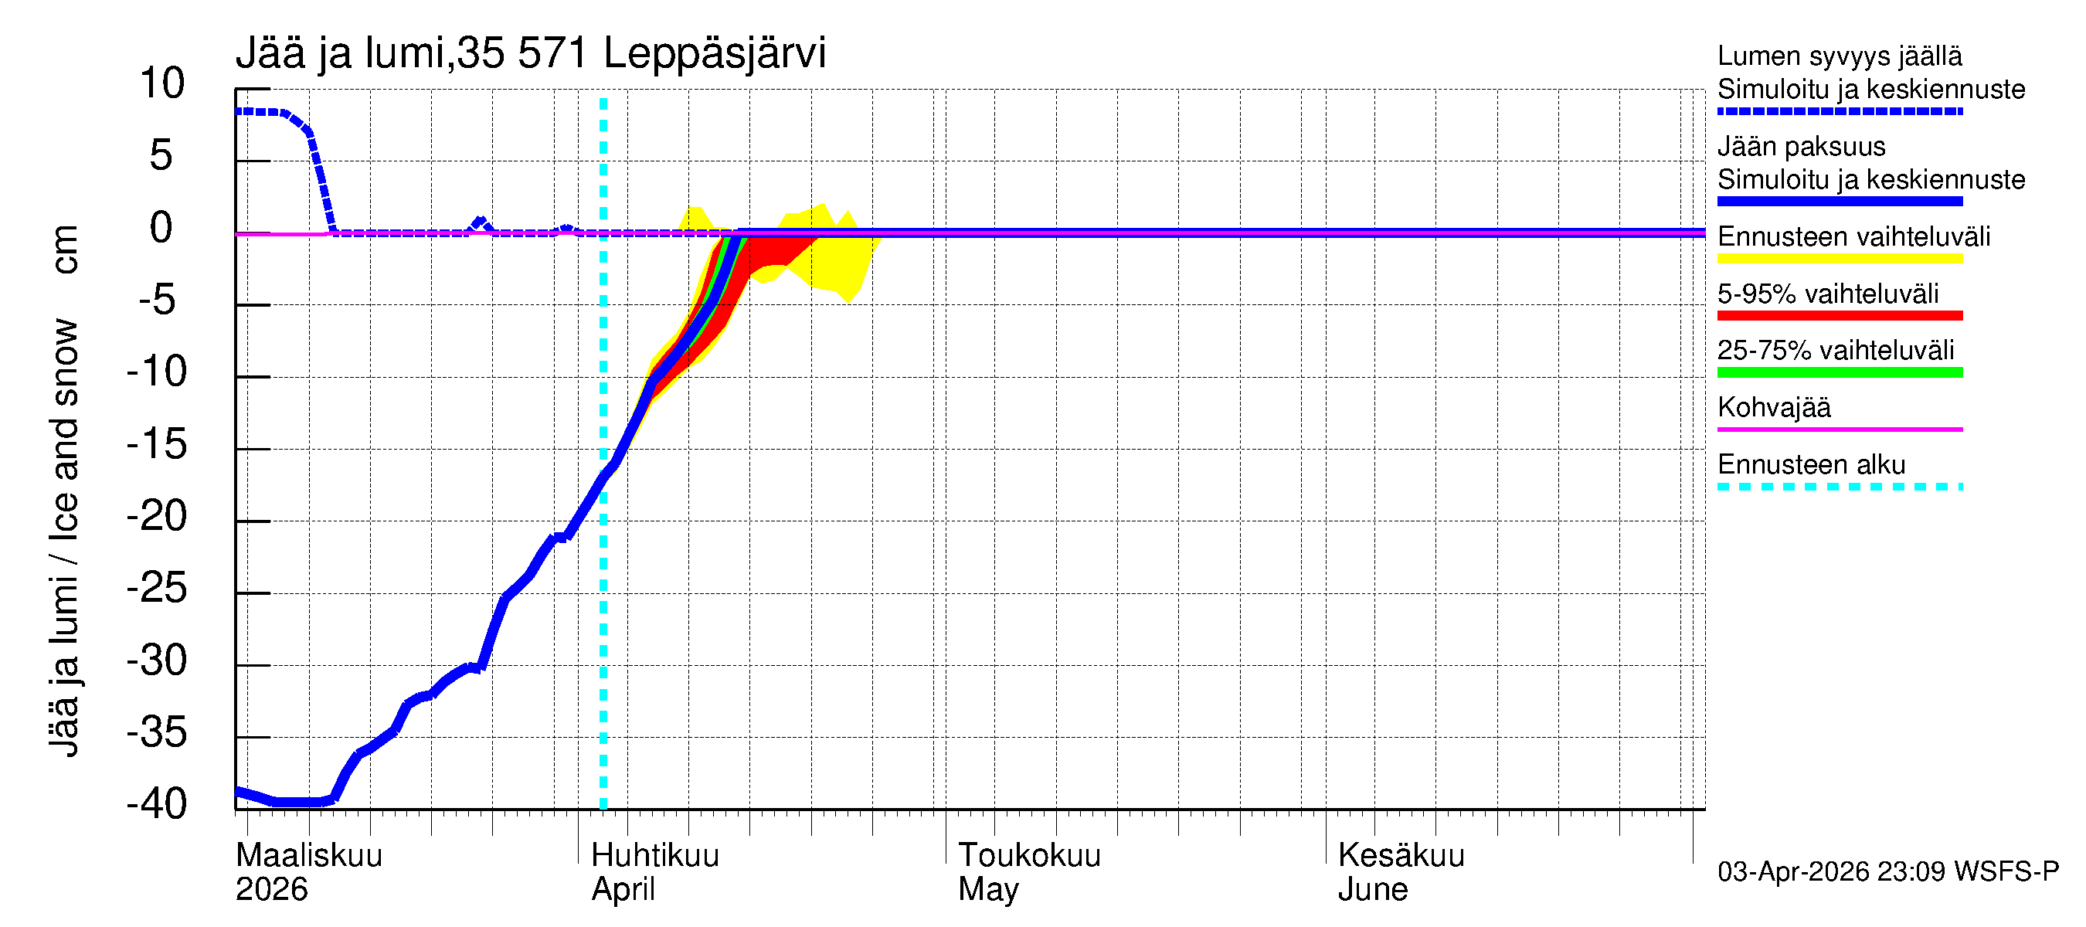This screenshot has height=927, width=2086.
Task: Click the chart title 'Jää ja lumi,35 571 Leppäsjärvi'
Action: tap(531, 53)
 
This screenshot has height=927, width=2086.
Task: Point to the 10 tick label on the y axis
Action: tap(162, 83)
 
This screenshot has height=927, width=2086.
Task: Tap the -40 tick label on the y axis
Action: tap(157, 804)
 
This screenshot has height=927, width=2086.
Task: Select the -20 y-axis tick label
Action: tap(157, 516)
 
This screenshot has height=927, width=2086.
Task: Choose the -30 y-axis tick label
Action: tap(157, 660)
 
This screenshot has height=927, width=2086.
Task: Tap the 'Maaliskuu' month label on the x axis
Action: tap(308, 855)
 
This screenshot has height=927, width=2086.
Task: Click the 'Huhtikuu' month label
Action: tap(655, 855)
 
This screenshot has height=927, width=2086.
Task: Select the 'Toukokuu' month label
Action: tap(1029, 855)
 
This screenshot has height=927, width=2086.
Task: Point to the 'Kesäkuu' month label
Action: tap(1401, 855)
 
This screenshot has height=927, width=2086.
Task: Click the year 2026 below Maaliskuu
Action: tap(271, 890)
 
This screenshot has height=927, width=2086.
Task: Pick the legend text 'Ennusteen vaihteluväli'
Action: tap(1853, 237)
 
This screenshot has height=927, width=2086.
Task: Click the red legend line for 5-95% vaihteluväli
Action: tap(1839, 316)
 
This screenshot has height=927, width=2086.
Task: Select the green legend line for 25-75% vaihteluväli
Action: tap(1839, 372)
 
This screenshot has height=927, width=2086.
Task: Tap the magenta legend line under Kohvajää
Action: tap(1839, 429)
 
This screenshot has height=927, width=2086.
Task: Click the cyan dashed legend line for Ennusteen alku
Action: tap(1839, 487)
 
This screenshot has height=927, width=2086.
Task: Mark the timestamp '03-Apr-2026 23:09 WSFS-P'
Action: tap(1887, 872)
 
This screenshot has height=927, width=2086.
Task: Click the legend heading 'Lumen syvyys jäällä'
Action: tap(1840, 56)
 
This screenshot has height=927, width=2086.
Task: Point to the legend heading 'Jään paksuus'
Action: tap(1801, 147)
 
